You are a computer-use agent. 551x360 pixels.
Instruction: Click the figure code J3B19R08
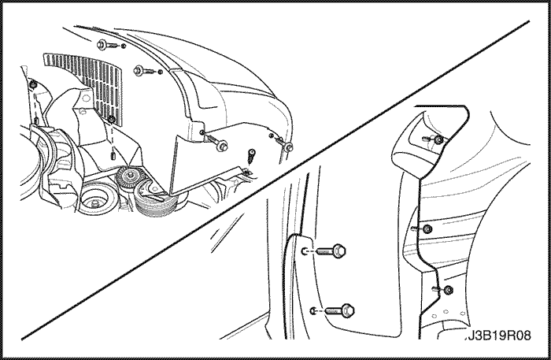tap(500, 336)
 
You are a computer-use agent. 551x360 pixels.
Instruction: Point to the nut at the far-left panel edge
tap(33, 85)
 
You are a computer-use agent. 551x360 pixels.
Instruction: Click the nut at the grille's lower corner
tap(112, 119)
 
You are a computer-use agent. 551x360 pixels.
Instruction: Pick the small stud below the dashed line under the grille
tap(113, 154)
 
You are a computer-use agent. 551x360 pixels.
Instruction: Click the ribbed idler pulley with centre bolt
tap(131, 176)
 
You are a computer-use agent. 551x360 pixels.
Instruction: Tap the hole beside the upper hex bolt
tap(305, 251)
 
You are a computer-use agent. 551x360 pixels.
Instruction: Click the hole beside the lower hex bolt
tap(313, 311)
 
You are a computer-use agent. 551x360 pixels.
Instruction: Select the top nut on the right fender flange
tap(438, 139)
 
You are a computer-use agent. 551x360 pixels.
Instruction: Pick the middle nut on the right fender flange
tap(427, 229)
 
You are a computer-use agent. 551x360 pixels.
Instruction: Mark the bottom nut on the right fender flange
tap(448, 290)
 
